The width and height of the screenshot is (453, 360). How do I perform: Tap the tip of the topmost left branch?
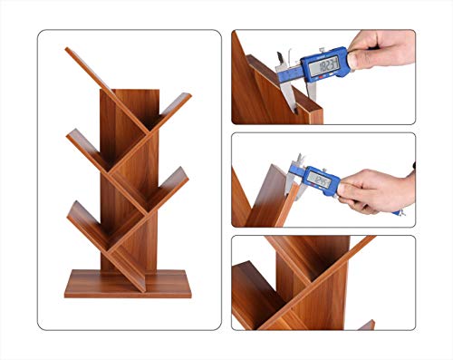pyautogui.click(x=69, y=53)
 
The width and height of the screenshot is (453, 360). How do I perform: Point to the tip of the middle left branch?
pyautogui.click(x=69, y=136)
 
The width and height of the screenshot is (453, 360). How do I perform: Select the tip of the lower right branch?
pyautogui.click(x=185, y=171)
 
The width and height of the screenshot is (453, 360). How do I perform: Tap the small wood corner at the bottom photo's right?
pyautogui.click(x=366, y=325)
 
